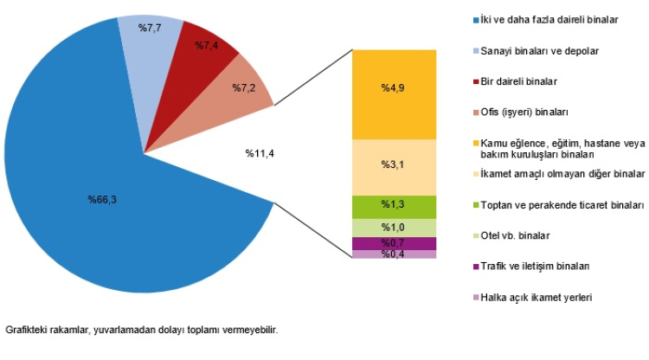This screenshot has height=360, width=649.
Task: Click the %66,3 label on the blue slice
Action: pyautogui.click(x=102, y=200)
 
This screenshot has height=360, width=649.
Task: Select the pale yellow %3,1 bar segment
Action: pyautogui.click(x=394, y=166)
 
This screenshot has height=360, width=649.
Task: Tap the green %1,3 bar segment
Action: pyautogui.click(x=394, y=206)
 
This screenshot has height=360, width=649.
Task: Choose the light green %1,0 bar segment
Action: pyautogui.click(x=394, y=228)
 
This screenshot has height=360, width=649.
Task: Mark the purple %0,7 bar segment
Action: pyautogui.click(x=394, y=243)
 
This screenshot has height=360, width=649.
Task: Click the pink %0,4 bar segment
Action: pyautogui.click(x=394, y=254)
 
